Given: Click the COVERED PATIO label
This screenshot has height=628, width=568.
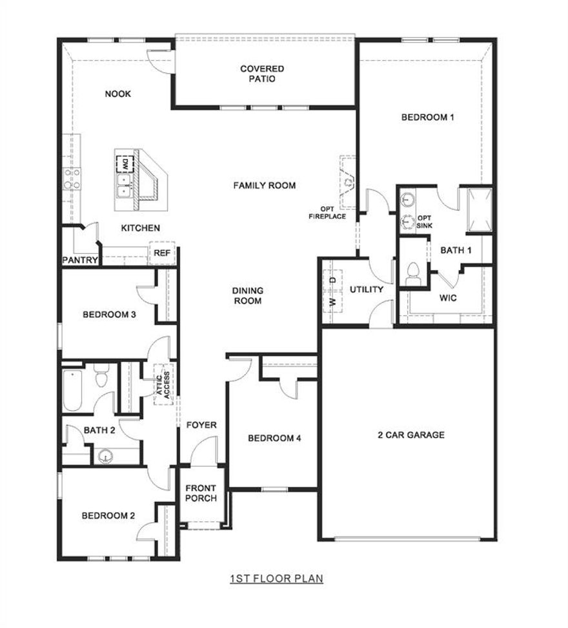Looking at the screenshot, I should [262, 74].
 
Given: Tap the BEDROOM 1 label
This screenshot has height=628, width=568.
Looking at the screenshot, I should [428, 118].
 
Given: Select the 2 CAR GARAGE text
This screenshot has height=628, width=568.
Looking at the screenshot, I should [411, 435].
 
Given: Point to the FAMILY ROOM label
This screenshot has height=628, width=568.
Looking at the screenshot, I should [264, 185].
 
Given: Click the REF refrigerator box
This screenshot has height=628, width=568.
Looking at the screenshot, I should [161, 253].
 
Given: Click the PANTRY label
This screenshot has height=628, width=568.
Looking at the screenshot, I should [80, 260].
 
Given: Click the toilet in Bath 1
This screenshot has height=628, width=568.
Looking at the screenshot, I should [413, 273].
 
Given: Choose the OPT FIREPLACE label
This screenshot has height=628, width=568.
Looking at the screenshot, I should [327, 213].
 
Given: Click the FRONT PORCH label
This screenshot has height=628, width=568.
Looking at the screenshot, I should [201, 493].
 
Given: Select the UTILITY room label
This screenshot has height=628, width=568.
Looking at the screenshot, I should [366, 289].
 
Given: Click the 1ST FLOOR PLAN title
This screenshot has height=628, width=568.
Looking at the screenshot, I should [276, 578].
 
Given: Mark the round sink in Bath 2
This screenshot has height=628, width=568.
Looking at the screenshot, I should [105, 456].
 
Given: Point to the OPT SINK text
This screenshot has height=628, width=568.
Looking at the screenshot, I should [425, 222].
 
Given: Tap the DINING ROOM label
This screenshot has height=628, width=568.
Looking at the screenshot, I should [248, 296].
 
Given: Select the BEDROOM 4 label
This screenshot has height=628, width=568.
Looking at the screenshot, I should [274, 438].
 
